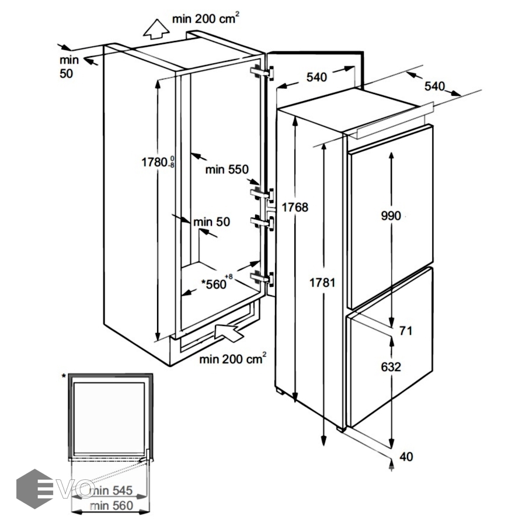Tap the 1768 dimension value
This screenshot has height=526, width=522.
pos(294,207)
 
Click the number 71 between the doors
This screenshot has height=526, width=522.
pos(406,331)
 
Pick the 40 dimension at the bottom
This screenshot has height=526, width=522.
pos(406,456)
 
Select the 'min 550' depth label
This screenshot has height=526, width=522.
pos(227,169)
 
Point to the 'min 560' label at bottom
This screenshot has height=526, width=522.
pos(113,505)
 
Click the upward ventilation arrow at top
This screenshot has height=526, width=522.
pos(155,27)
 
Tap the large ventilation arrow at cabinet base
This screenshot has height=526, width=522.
pos(229,334)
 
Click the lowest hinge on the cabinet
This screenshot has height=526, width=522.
pos(262,278)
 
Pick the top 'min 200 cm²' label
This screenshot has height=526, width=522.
pos(204,19)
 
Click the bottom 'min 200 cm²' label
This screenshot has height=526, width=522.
pos(232,358)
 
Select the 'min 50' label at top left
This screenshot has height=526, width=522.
pos(69,67)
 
